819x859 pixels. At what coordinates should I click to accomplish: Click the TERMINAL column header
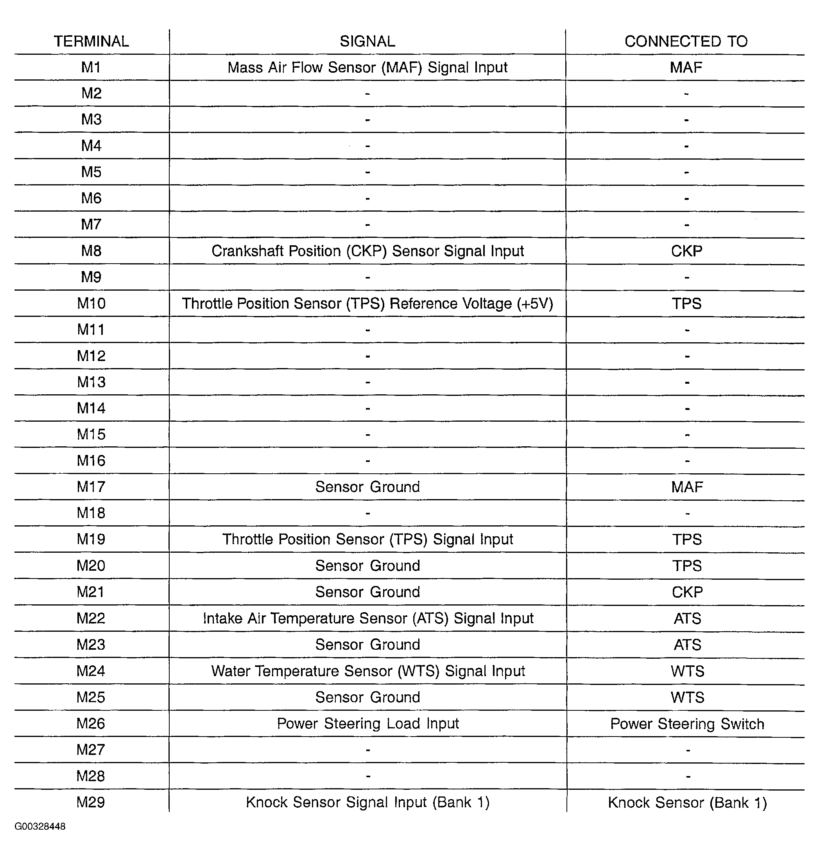(91, 41)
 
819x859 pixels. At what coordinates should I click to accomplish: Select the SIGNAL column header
(367, 41)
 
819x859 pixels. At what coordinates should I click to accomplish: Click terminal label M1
(91, 67)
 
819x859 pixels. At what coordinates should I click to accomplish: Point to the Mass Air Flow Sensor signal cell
(367, 68)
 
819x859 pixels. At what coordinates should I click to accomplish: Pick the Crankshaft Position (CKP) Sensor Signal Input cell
(367, 251)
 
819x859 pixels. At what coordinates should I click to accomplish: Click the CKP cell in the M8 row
(686, 251)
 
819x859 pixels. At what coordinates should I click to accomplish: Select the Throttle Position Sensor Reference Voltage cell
(367, 304)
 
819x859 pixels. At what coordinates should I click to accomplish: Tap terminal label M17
(91, 487)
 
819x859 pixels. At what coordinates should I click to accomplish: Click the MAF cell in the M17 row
(687, 487)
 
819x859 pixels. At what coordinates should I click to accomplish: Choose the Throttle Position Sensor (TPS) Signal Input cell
(367, 539)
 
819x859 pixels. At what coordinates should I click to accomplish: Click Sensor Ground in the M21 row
(367, 592)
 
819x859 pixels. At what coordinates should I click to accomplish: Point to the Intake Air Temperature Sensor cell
(368, 619)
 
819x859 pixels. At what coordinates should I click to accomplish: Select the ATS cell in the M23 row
(687, 645)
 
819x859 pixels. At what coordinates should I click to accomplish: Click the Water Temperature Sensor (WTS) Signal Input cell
(368, 671)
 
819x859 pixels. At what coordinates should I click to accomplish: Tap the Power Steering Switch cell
(687, 724)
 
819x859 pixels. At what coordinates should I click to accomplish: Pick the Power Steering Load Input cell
(368, 724)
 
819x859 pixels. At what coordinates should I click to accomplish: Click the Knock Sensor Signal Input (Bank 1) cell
(367, 803)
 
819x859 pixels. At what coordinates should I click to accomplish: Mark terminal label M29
(91, 803)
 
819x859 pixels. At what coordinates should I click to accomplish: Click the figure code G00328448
(40, 827)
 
